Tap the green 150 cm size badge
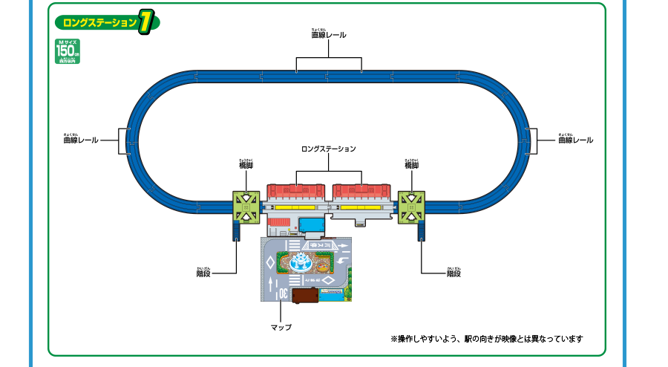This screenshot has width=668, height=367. (67, 51)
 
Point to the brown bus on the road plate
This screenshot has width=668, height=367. (305, 296)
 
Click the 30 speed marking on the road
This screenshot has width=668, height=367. (283, 293)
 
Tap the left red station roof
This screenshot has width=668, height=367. (296, 191)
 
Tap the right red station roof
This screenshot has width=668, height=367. (361, 191)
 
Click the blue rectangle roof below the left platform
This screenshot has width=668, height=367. (312, 224)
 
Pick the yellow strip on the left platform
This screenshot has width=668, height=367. (295, 210)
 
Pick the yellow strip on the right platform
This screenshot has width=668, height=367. (361, 210)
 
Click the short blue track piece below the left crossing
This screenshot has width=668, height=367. (237, 230)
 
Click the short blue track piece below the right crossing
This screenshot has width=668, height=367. (422, 230)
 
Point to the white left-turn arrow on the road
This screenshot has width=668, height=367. (339, 261)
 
